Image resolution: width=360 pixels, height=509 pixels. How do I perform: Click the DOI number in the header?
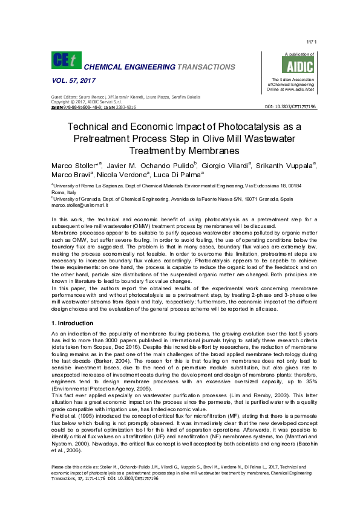coord(289,106)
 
